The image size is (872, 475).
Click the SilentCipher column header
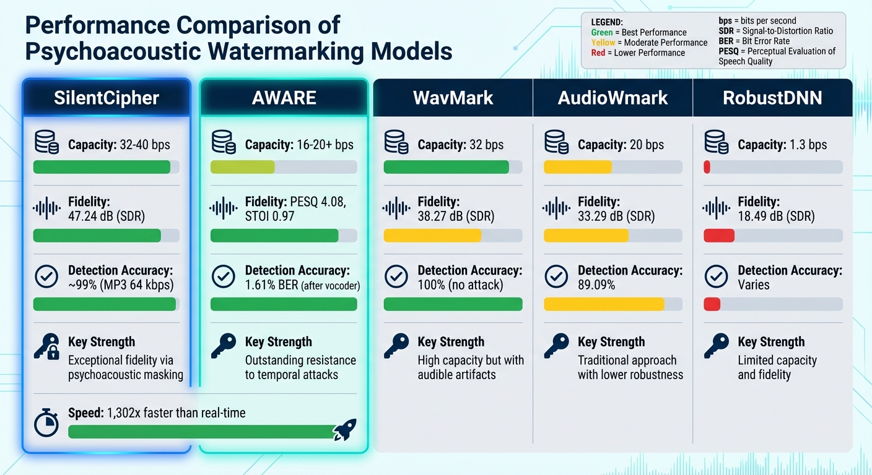coord(106,98)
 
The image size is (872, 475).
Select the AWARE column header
coord(284,98)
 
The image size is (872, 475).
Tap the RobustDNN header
coord(772,98)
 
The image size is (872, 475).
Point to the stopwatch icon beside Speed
coord(46,424)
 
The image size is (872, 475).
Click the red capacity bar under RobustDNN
coord(707,167)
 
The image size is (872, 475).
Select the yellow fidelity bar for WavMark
coord(432,236)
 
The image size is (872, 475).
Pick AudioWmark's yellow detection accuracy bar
coord(603,304)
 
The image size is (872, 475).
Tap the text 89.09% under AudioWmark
coord(596,285)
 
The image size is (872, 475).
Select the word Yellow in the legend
coord(603,43)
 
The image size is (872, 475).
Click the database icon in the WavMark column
coord(396,142)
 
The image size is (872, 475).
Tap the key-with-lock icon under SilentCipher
coord(46,348)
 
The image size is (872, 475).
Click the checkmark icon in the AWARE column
coord(224,276)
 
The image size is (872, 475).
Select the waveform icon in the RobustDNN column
coord(717,208)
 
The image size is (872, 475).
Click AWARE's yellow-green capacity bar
coord(242,167)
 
